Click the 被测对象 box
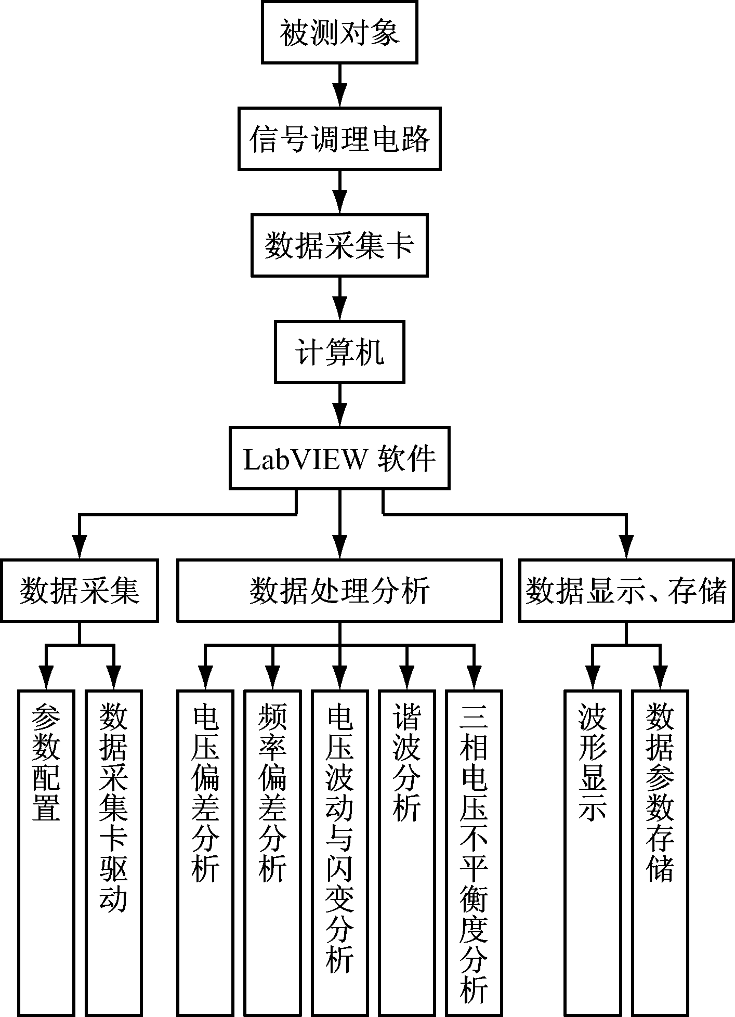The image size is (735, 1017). [x=339, y=33]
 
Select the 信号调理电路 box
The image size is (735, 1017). [x=339, y=139]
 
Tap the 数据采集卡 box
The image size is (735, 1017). [x=339, y=245]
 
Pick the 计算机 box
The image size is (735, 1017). [x=339, y=352]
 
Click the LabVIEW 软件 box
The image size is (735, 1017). [x=339, y=458]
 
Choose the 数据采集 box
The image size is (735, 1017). [x=79, y=591]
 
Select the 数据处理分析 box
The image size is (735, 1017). [x=339, y=591]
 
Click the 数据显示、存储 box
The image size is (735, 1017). [x=626, y=591]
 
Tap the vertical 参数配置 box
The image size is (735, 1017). [x=46, y=853]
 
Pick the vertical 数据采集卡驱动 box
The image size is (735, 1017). [x=113, y=853]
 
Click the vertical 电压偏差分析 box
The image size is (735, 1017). [x=205, y=853]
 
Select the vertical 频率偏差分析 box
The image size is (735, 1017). [x=272, y=853]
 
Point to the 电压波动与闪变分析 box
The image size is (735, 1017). [x=339, y=853]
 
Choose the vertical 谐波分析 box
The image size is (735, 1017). [x=406, y=853]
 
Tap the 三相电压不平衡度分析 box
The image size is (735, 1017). [x=474, y=853]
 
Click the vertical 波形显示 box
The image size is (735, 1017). [x=593, y=853]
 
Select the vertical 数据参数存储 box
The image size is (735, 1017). [x=660, y=853]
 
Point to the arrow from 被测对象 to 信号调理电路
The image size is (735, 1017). [x=339, y=86]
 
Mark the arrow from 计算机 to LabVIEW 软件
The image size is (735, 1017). [x=339, y=405]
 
